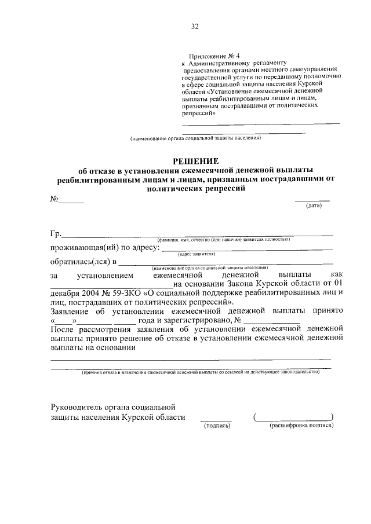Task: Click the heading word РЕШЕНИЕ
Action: tap(194, 160)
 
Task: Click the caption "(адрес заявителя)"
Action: tap(197, 254)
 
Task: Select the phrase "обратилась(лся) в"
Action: tap(83, 262)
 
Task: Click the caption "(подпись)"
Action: tap(216, 426)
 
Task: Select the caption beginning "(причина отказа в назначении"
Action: tap(200, 372)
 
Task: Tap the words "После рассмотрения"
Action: tap(90, 329)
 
